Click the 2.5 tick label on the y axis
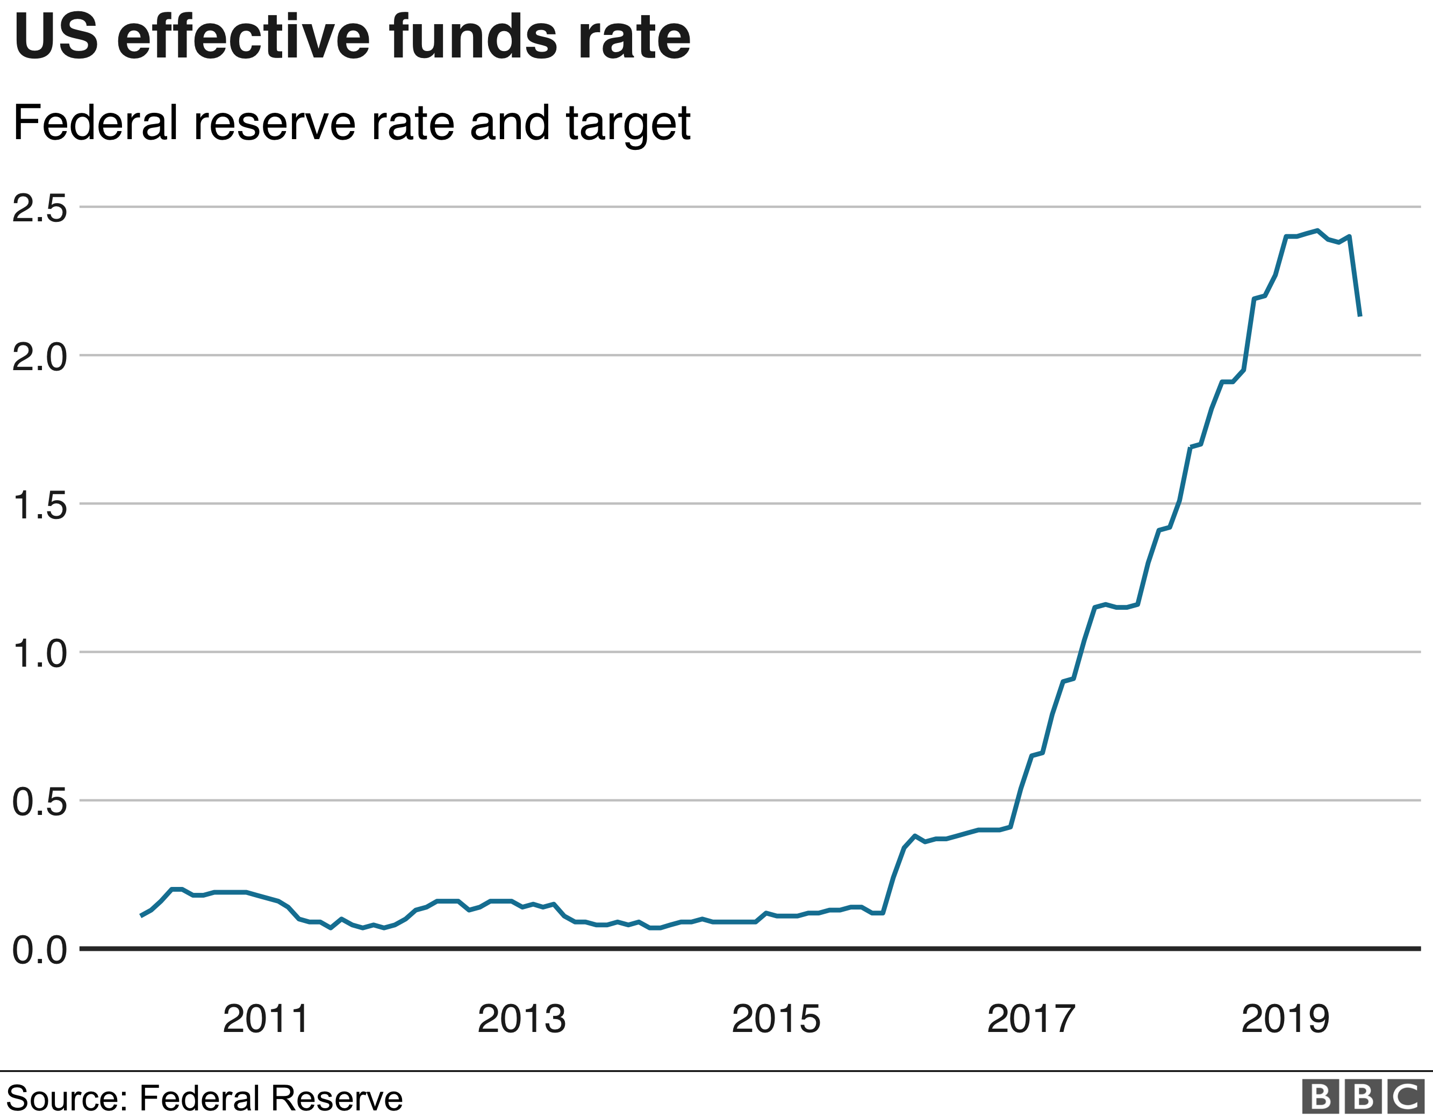[x=39, y=208]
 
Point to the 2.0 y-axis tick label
[x=39, y=357]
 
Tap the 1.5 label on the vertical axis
[x=39, y=506]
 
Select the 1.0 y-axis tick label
[x=39, y=654]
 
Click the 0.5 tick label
[x=39, y=802]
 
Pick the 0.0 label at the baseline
[x=39, y=950]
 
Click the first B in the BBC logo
[x=1320, y=1096]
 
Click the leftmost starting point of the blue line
[x=140, y=915]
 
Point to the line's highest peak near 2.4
[x=1317, y=230]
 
